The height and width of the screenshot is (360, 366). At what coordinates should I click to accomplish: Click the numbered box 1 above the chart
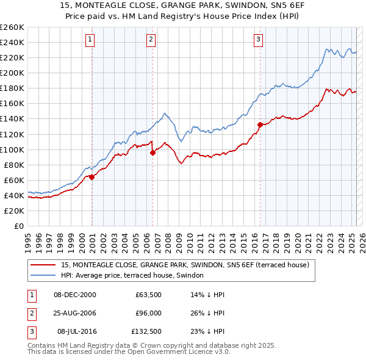pos(90,40)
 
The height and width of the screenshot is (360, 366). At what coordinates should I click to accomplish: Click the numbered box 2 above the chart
pos(151,40)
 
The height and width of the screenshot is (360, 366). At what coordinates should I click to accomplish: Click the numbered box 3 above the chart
pos(259,40)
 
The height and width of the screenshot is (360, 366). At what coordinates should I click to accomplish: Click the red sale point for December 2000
pos(91,177)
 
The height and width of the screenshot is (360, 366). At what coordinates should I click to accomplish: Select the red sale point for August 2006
pos(152,153)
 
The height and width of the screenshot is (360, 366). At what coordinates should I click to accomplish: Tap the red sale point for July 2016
pos(260,124)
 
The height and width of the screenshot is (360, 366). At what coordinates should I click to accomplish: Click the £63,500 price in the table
pos(148,295)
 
